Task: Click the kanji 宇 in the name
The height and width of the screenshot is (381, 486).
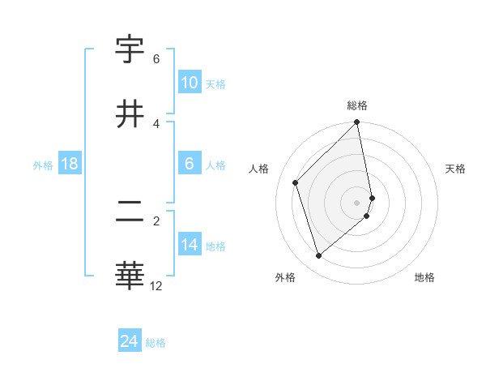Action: click(x=130, y=51)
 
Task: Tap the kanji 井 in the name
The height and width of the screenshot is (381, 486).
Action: click(x=130, y=114)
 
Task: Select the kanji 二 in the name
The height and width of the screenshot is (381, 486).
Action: click(x=130, y=212)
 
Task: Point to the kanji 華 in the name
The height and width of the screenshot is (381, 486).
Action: click(x=130, y=276)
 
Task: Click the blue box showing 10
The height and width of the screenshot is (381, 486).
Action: click(x=190, y=83)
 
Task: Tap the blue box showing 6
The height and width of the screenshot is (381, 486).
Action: click(x=190, y=164)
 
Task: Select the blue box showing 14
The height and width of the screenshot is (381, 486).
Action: click(x=190, y=245)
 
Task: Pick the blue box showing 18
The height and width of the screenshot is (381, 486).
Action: click(x=70, y=164)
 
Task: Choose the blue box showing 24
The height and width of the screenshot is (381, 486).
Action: click(x=130, y=341)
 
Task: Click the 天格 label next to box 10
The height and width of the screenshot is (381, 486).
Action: click(x=215, y=83)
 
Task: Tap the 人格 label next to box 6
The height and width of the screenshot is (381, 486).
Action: click(x=215, y=165)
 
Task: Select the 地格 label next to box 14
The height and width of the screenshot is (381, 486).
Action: click(x=215, y=246)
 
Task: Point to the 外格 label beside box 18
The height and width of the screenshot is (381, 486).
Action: click(x=43, y=165)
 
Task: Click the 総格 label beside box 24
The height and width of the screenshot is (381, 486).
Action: click(x=156, y=342)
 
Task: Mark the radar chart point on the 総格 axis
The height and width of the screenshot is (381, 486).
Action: click(x=357, y=123)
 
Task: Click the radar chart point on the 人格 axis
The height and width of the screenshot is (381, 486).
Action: click(x=296, y=182)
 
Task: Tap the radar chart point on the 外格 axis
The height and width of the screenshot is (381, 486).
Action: click(x=318, y=256)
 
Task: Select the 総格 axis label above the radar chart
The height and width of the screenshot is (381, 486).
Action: click(x=357, y=105)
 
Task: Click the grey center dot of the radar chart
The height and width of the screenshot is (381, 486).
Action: click(x=357, y=202)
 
